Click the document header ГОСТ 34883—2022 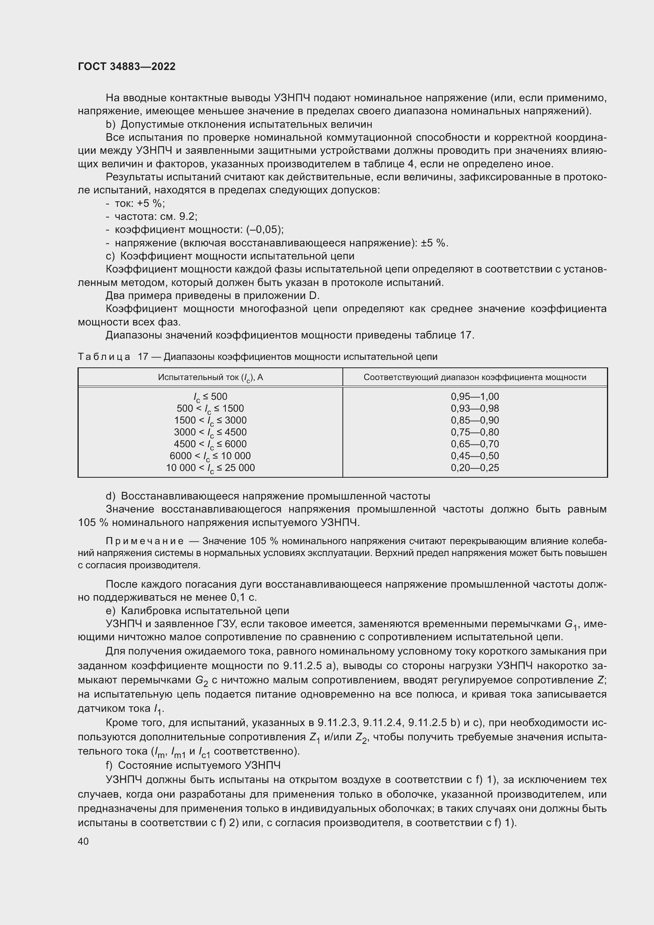point(127,66)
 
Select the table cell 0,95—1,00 point(474,396)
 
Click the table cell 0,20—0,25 point(474,468)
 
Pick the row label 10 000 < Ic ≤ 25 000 point(210,468)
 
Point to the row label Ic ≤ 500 point(210,397)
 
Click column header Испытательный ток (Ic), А point(210,378)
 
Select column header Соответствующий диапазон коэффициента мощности point(474,378)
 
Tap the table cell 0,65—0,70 point(474,444)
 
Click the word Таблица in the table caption point(104,357)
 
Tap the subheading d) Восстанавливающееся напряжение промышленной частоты point(268,496)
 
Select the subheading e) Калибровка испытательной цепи point(197,611)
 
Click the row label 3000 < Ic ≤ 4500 point(210,432)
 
